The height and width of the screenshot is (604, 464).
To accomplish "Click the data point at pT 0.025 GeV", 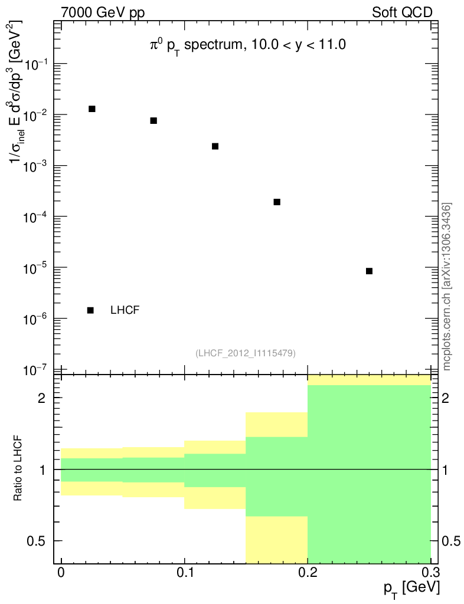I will (92, 109).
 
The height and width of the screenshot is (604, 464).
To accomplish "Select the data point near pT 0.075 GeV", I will (153, 121).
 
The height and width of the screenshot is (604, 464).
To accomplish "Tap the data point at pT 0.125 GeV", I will (215, 146).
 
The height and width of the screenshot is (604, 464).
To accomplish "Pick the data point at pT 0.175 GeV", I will (277, 202).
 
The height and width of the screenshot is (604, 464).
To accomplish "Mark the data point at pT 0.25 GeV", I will (369, 271).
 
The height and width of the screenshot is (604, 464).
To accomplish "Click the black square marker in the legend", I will (91, 310).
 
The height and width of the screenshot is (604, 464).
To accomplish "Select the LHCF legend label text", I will (125, 310).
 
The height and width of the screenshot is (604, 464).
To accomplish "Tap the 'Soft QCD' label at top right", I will (403, 12).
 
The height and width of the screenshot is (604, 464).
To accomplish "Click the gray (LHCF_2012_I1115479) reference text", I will (246, 353).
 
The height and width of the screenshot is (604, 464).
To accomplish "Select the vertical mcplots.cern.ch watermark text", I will (447, 287).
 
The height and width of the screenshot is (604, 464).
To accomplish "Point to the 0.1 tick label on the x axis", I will (185, 572).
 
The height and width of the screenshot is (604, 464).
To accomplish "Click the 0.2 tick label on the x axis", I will (308, 572).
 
